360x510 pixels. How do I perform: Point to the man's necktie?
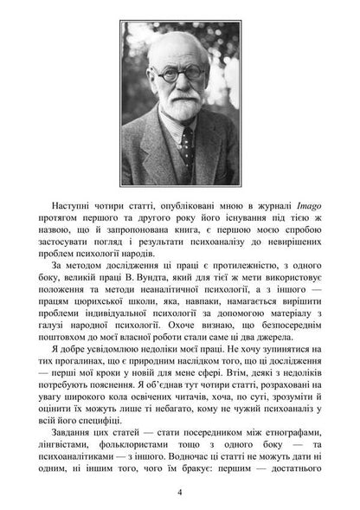186,147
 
